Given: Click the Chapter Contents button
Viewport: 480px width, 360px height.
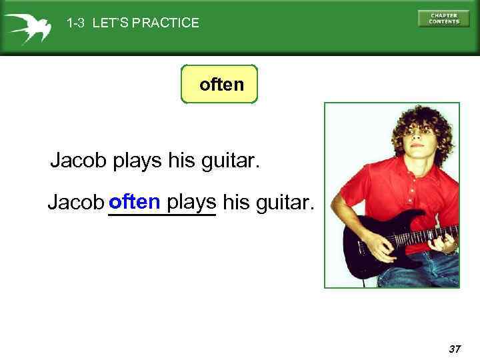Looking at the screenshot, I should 443,19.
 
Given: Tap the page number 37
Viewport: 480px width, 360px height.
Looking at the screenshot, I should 455,349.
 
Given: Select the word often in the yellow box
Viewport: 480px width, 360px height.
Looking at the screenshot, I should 222,85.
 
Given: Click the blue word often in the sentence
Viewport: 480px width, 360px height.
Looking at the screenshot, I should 135,201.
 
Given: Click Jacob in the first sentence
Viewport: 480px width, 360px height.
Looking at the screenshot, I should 79,161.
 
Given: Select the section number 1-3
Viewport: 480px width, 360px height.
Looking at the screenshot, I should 75,23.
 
